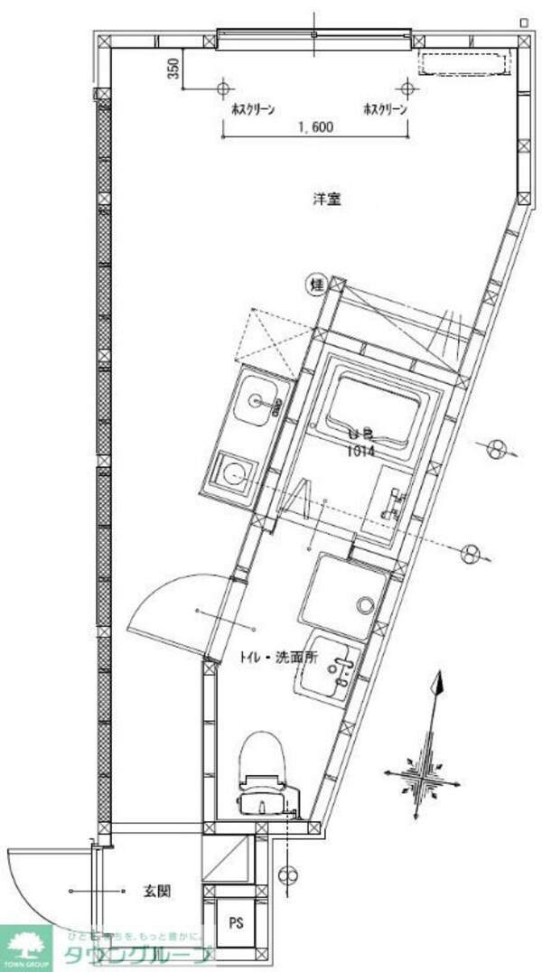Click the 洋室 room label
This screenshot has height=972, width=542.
point(326,200)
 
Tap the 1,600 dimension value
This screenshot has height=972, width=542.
point(314,128)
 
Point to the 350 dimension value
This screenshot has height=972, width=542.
point(173,69)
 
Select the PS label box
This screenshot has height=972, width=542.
point(235,923)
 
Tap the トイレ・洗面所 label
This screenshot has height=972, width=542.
point(278,658)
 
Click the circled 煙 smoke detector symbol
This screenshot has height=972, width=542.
point(317,285)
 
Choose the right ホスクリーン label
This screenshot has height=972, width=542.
point(385,109)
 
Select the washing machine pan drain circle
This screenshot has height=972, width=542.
point(366,604)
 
